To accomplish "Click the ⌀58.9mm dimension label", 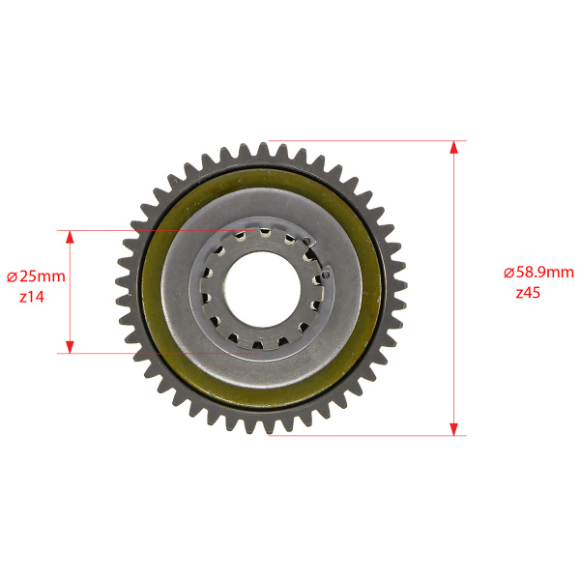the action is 538,273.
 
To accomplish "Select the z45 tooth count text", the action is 528,293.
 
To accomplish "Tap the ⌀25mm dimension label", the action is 37,276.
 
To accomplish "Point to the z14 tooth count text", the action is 32,297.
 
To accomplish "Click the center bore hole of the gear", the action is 263,289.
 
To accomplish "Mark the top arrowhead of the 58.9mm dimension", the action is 454,147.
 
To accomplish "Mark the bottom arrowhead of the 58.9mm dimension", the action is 454,429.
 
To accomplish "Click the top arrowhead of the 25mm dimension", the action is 70,237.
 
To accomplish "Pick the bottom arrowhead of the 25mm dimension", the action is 70,347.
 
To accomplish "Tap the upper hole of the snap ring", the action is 306,241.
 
